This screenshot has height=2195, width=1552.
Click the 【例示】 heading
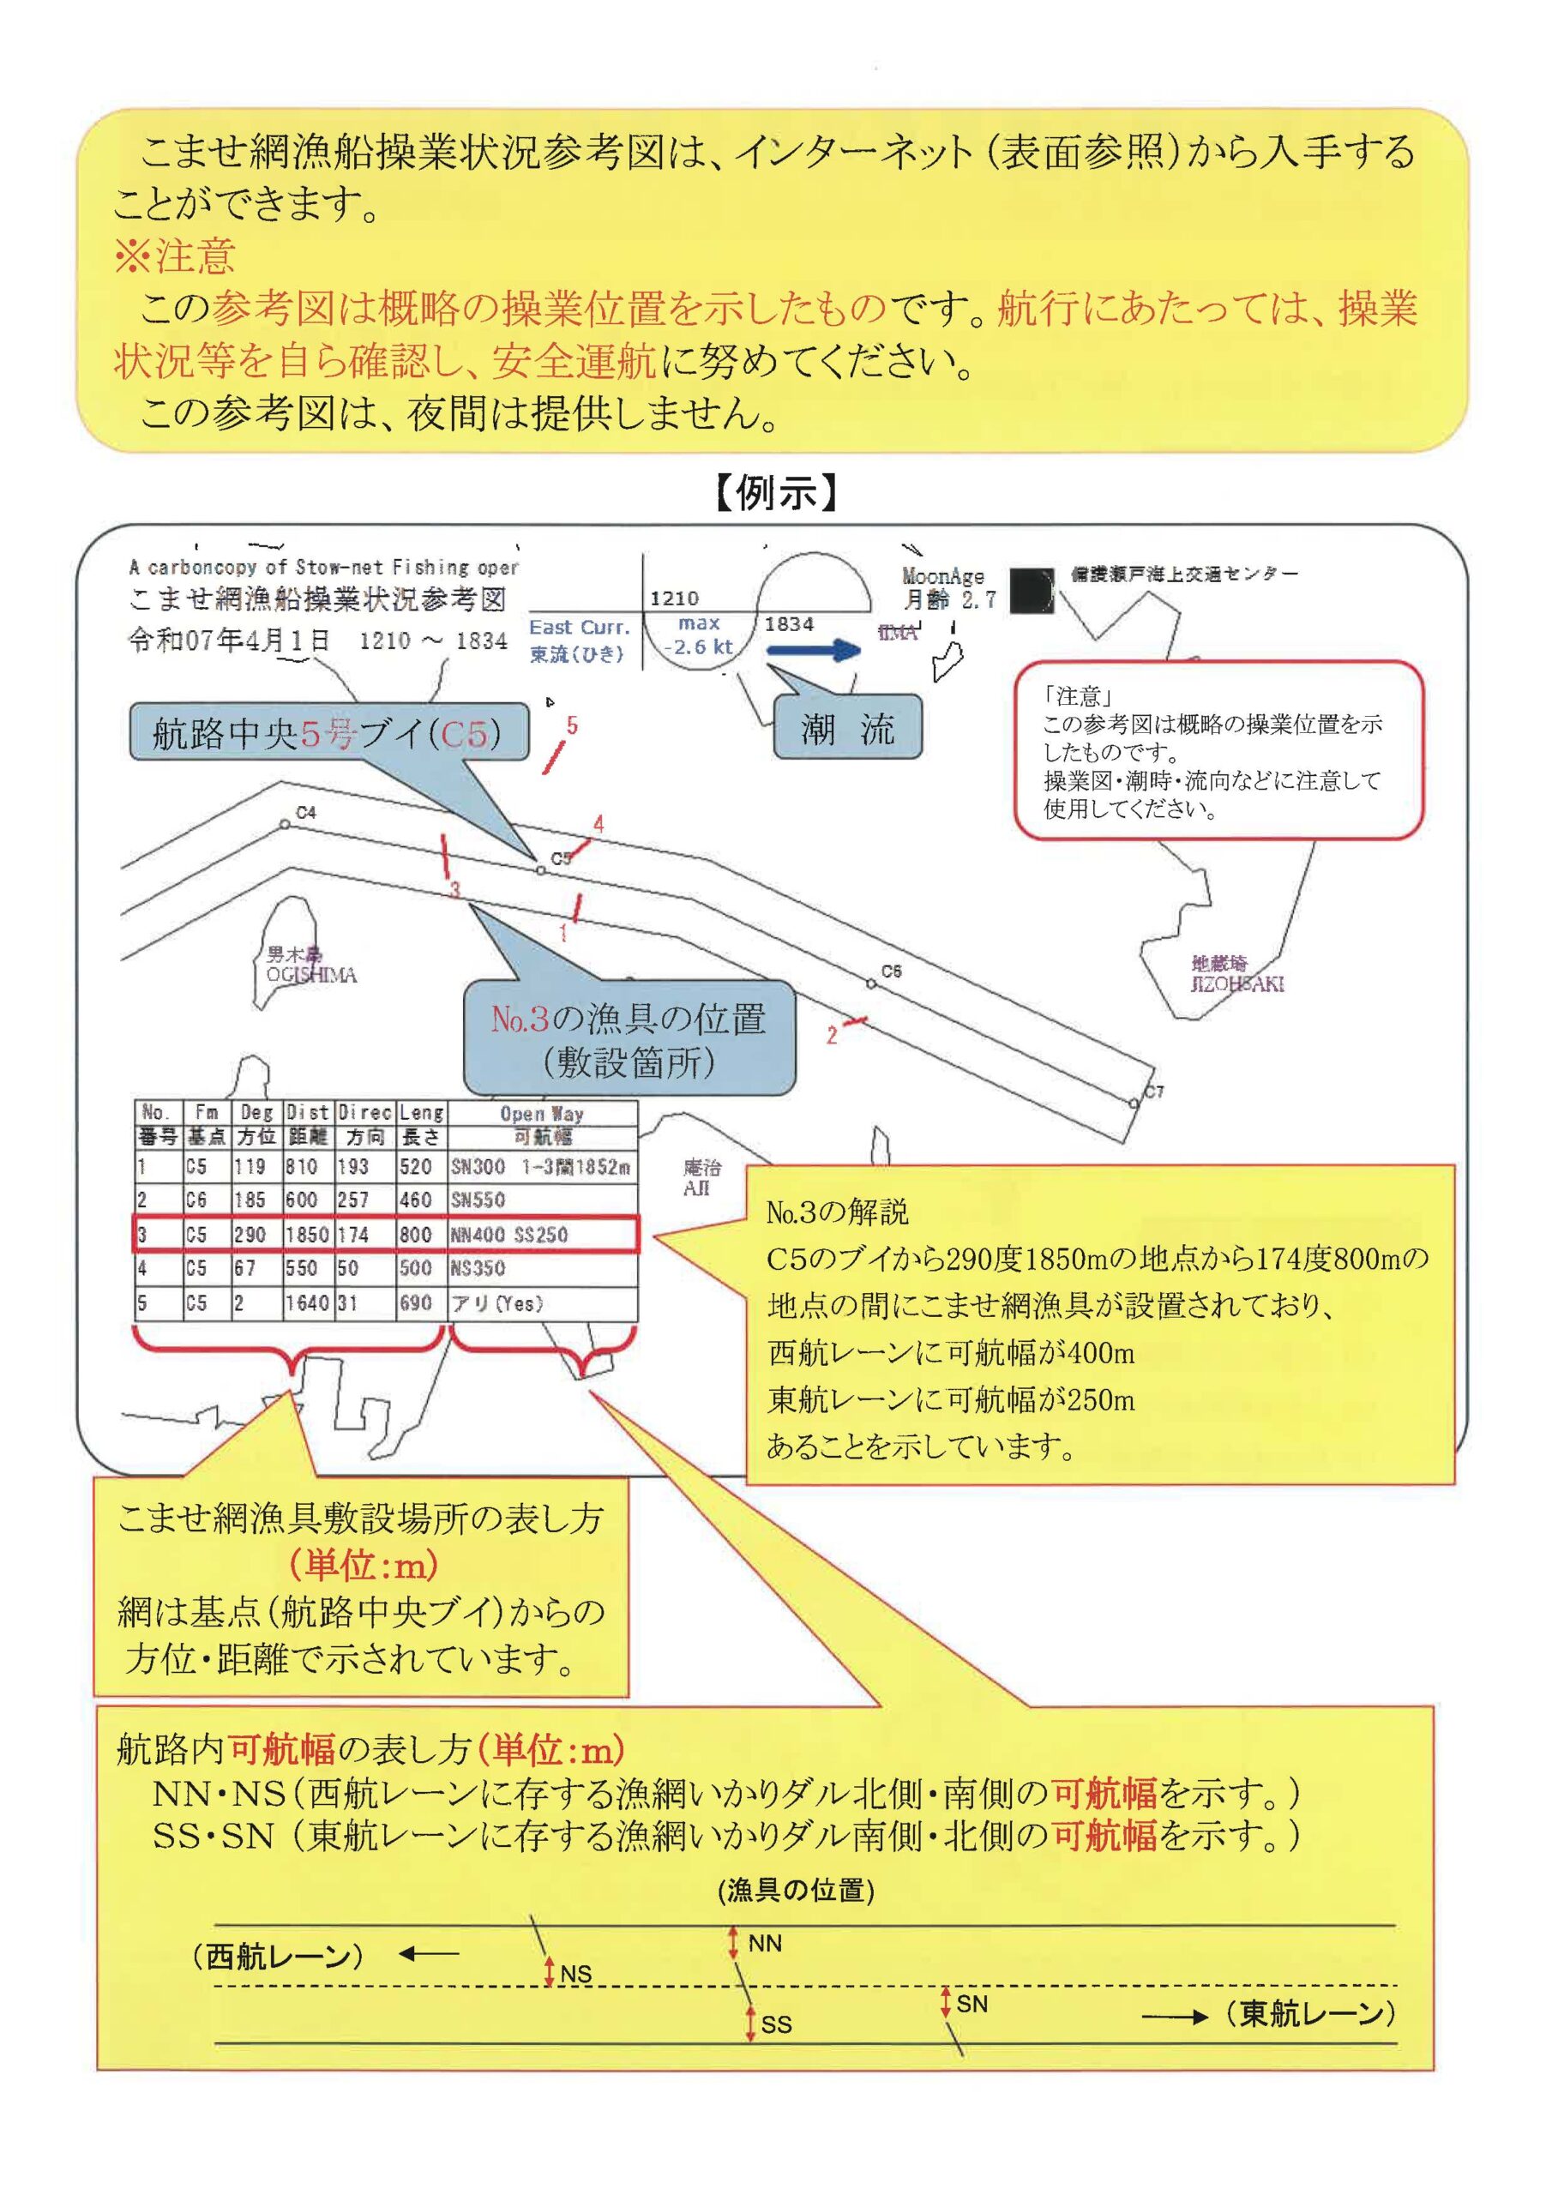tap(775, 493)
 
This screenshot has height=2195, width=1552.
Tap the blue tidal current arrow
tap(814, 651)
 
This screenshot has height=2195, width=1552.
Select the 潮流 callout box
tap(847, 730)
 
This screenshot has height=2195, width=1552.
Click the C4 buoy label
tap(306, 813)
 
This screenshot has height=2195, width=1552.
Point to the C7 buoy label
tap(1155, 1091)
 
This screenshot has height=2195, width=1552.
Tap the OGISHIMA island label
tap(312, 975)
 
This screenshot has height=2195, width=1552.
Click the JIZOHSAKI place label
tap(1236, 983)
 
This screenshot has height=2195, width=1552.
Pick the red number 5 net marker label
tap(572, 725)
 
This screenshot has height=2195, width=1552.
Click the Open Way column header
tap(541, 1114)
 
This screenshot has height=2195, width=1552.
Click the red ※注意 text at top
tap(174, 256)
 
